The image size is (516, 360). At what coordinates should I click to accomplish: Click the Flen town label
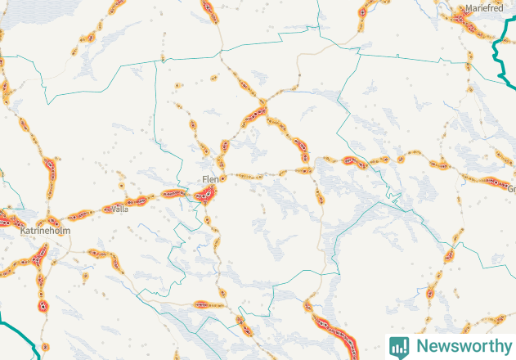(x=210, y=179)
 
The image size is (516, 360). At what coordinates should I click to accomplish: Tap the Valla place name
(x=120, y=209)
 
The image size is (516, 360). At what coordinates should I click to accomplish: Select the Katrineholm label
(x=46, y=232)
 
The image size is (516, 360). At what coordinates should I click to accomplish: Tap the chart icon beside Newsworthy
(x=399, y=346)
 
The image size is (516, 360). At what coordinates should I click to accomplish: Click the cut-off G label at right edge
(x=511, y=189)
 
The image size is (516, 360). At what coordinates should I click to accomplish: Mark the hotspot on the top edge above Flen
(x=208, y=8)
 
